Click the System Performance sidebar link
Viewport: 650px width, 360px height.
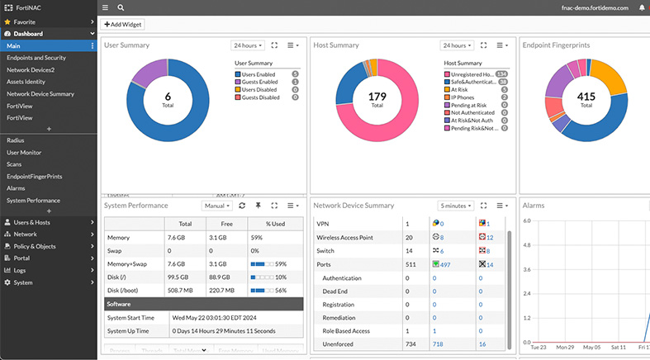click(33, 201)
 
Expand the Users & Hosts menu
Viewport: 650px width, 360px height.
click(31, 222)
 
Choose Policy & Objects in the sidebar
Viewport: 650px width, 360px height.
click(35, 246)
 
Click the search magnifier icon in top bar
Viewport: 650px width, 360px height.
click(121, 7)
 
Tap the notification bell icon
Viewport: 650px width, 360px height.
click(642, 7)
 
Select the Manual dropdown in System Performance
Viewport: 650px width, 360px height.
click(217, 205)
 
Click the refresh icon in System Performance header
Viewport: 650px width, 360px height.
click(242, 205)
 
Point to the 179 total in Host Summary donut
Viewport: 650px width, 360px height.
click(377, 97)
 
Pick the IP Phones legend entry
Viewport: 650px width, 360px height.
click(464, 97)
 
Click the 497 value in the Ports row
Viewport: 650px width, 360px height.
click(444, 265)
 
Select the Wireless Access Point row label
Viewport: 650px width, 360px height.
click(344, 238)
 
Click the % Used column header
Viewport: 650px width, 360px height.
click(275, 223)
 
